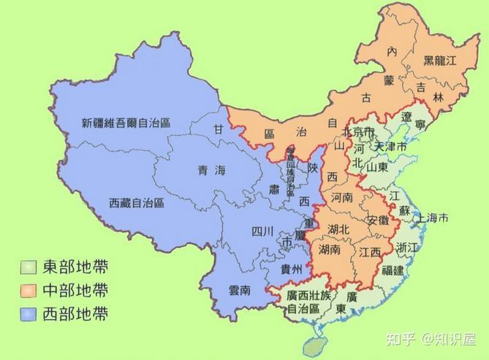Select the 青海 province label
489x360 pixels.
[211, 170]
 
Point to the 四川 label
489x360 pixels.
[262, 232]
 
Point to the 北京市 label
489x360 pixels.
[358, 132]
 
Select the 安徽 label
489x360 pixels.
[378, 220]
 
